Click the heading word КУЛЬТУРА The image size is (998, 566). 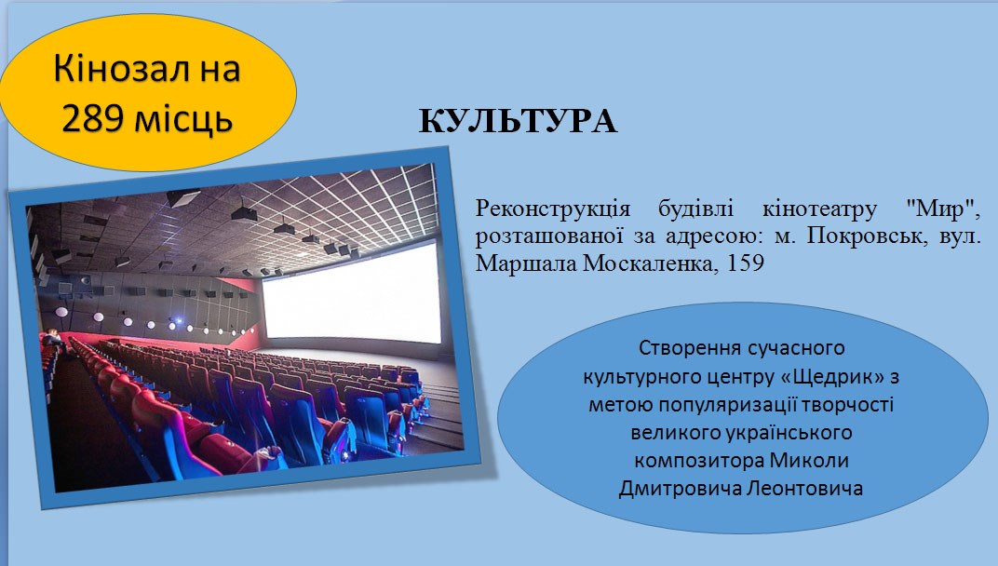click(x=519, y=121)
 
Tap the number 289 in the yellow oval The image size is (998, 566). click(x=98, y=118)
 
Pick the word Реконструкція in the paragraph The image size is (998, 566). click(x=552, y=209)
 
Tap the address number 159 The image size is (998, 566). click(x=744, y=263)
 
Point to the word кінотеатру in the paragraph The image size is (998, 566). click(x=819, y=209)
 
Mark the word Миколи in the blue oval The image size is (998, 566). click(x=809, y=460)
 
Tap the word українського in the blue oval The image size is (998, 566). click(x=789, y=432)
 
